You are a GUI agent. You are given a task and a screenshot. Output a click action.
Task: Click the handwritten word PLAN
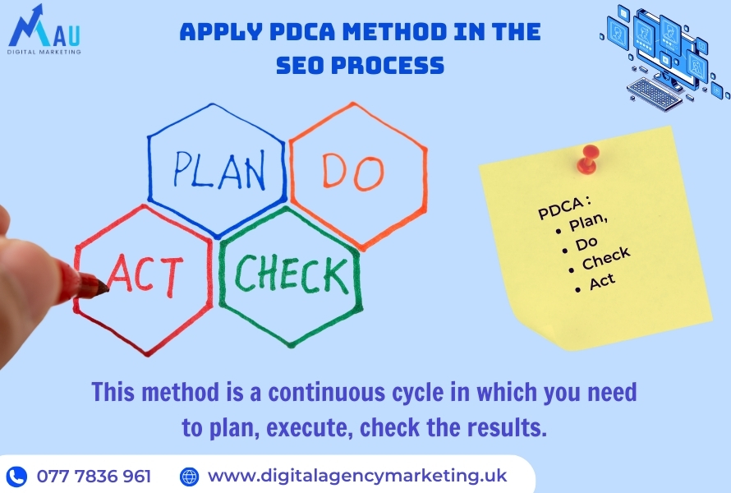coord(219,170)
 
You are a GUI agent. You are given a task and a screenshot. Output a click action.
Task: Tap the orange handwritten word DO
coord(353,172)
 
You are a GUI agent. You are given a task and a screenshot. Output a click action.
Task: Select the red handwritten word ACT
coord(145,275)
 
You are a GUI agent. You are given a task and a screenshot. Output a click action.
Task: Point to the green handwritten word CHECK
coord(292,274)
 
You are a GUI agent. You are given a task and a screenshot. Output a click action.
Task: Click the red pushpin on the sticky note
coord(588,159)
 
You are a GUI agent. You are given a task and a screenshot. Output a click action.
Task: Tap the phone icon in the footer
coord(16,477)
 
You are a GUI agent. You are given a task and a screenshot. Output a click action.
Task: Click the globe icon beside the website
coord(189,477)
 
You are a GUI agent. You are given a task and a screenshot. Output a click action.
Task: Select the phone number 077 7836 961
coord(94,477)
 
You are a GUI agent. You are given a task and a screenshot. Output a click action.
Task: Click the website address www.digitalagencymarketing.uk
coord(357,477)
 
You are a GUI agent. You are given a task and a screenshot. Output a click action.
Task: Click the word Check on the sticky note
coord(606,258)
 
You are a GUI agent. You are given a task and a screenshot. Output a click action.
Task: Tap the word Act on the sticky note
coord(602,282)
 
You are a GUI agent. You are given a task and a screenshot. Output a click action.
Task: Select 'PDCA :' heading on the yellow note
coord(564,208)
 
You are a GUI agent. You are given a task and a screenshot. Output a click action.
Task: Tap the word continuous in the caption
coord(327,392)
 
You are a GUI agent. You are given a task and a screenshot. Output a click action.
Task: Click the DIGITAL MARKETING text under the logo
coord(44,52)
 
